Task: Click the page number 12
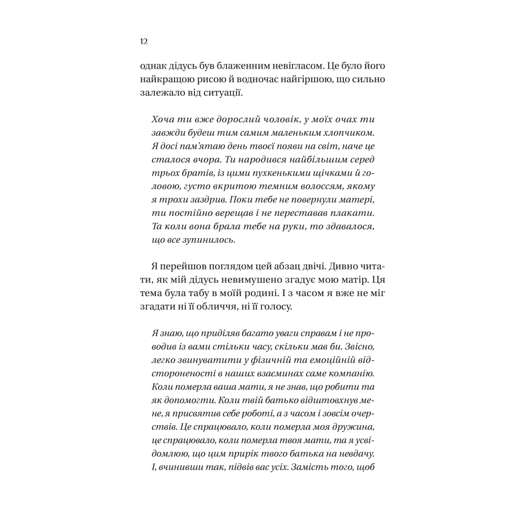tap(143, 42)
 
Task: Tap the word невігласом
tap(279, 67)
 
